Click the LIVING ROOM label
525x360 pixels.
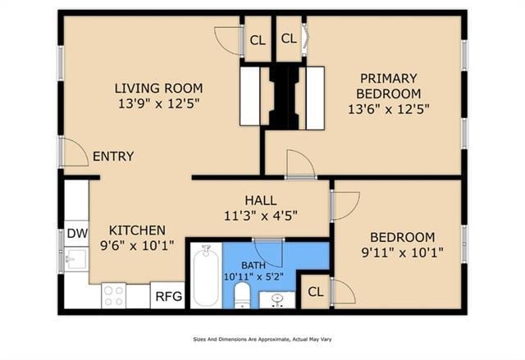click(x=158, y=89)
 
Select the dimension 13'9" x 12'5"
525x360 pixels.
click(x=158, y=104)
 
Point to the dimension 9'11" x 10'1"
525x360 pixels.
click(x=402, y=252)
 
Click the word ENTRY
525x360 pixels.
click(x=113, y=157)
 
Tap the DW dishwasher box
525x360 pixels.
click(x=76, y=233)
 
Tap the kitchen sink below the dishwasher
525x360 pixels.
click(x=75, y=261)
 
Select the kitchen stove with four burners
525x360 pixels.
click(x=113, y=295)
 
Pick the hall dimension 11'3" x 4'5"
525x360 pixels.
click(x=260, y=216)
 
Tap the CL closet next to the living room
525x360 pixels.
click(x=258, y=39)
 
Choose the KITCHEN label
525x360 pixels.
click(x=138, y=230)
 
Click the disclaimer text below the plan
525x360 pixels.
click(x=262, y=339)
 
